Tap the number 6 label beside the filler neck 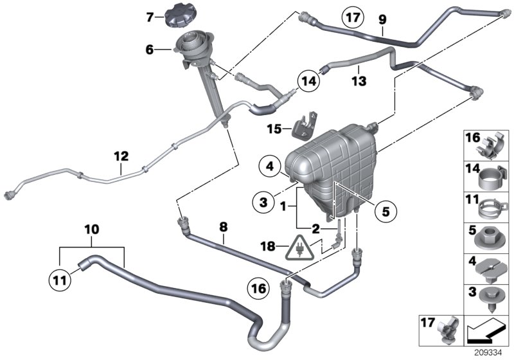click(x=150, y=49)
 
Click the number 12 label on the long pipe click(x=121, y=156)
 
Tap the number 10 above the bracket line click(x=92, y=229)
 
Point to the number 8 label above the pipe click(x=224, y=226)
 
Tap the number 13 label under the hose click(x=359, y=81)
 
